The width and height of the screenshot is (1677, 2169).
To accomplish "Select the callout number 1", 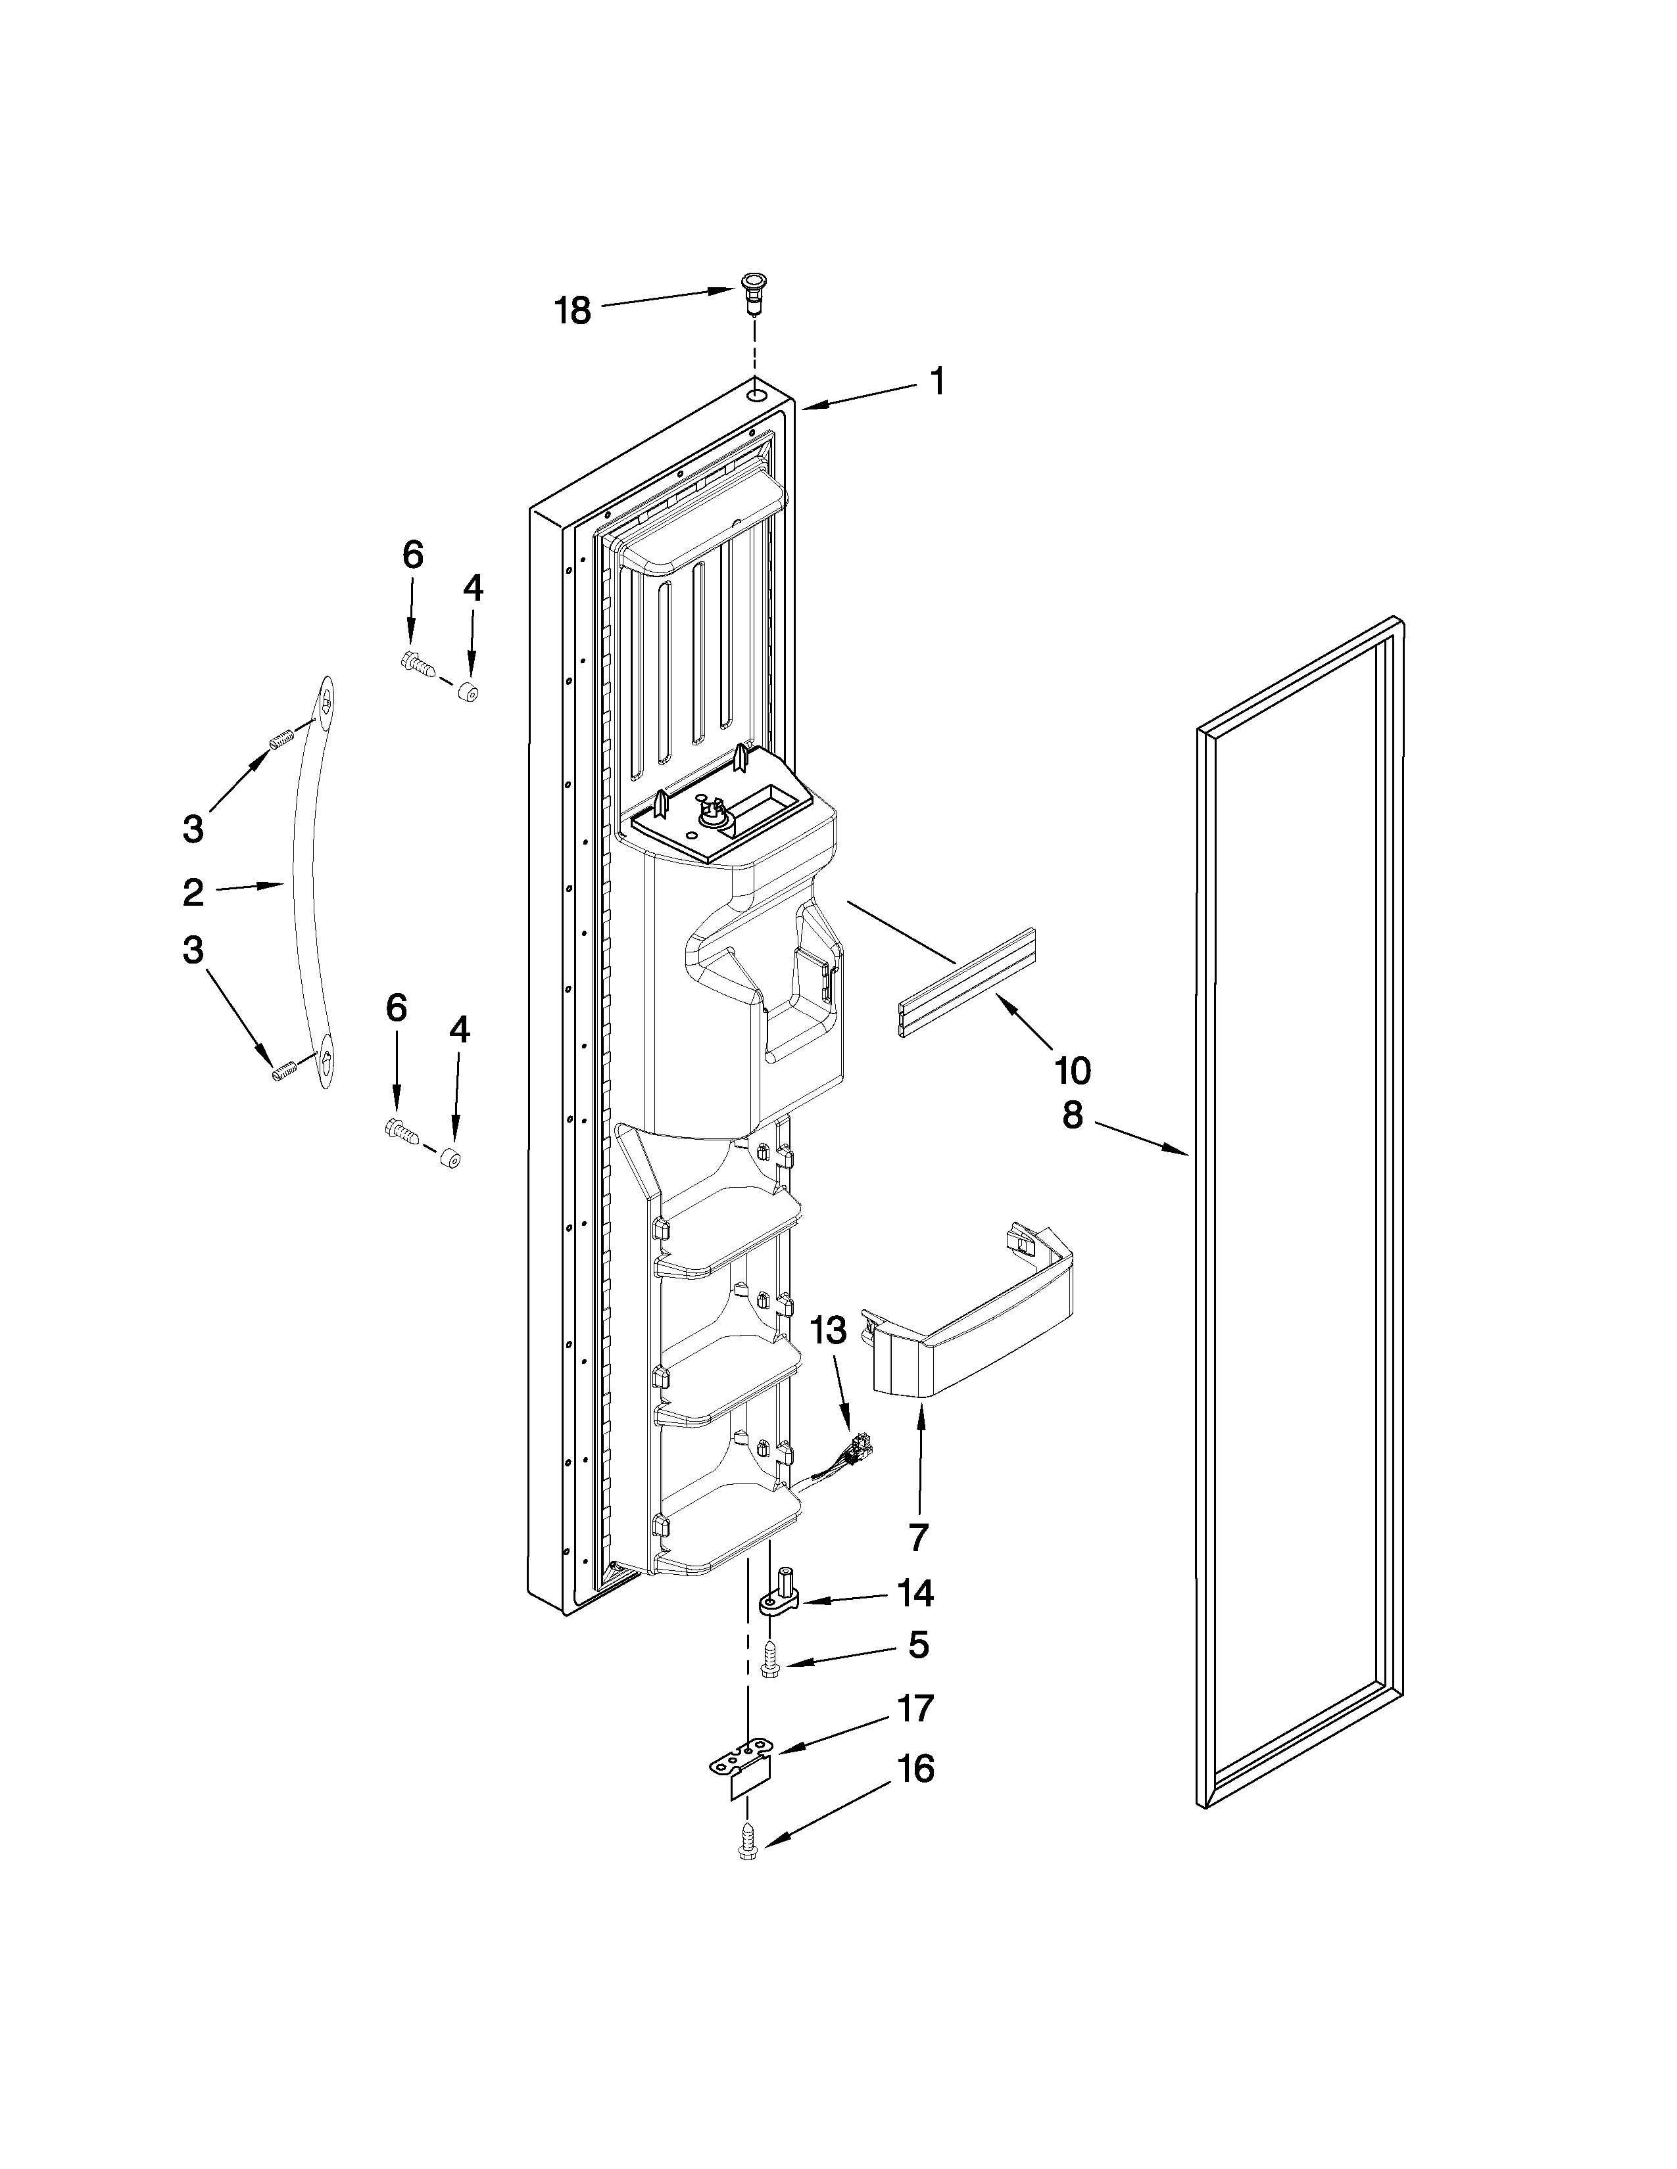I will coord(936,383).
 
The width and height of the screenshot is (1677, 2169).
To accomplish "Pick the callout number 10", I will coord(1072,1071).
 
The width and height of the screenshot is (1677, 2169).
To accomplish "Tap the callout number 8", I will coord(1072,1116).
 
